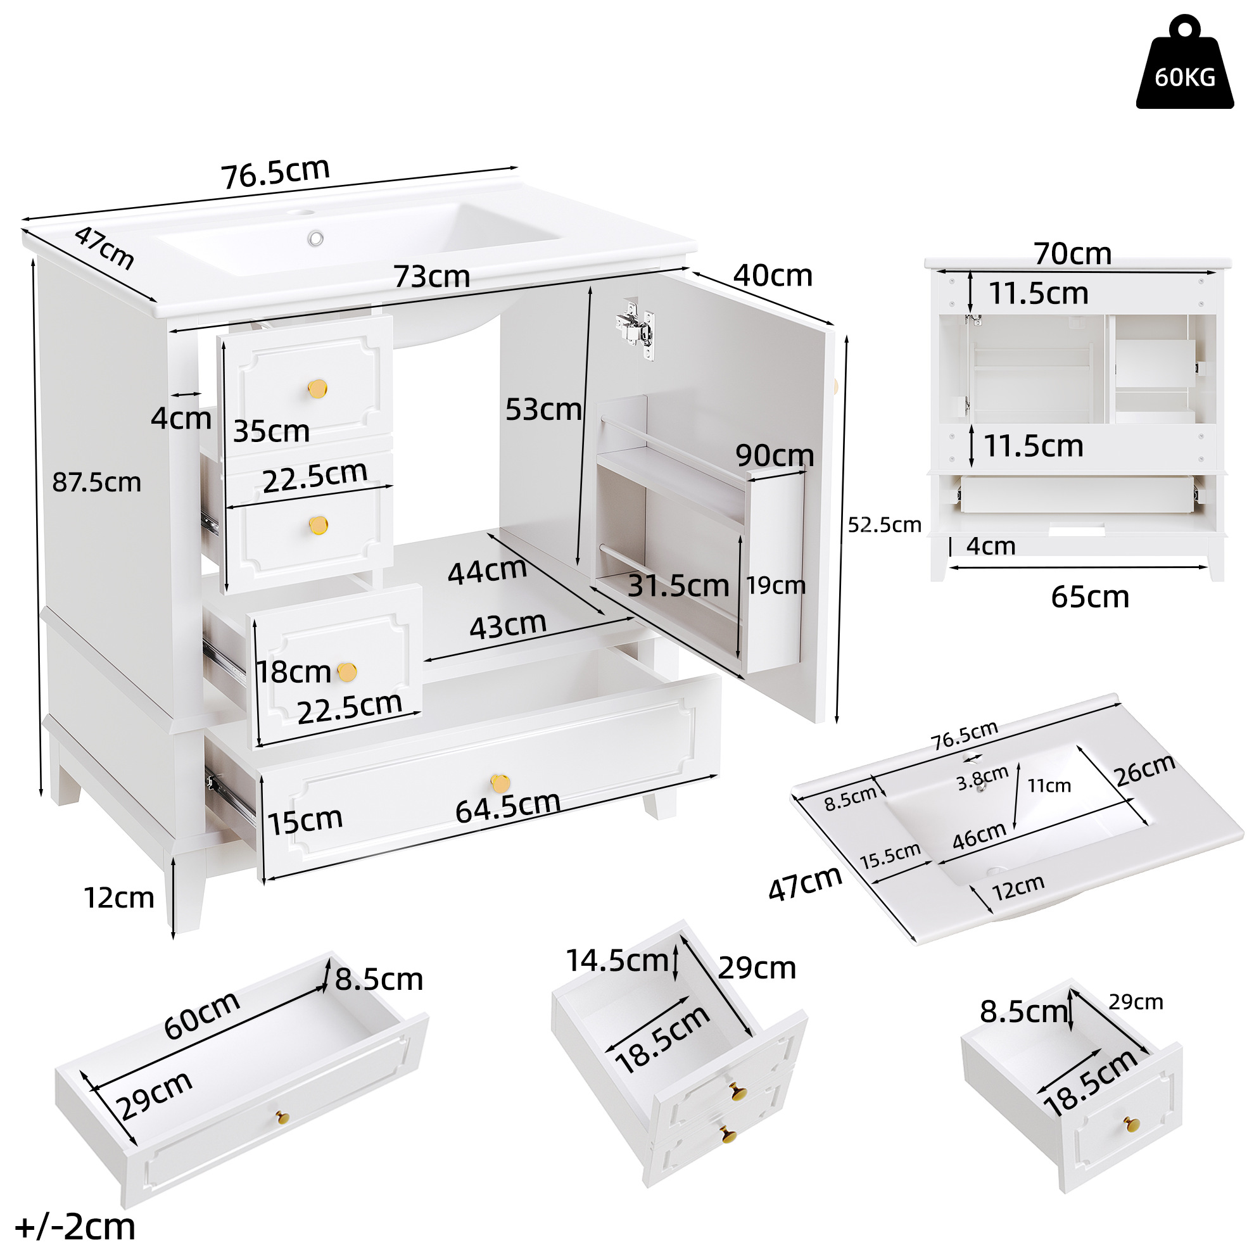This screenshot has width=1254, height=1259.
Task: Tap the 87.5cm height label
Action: point(96,482)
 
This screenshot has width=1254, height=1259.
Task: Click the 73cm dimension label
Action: point(431,276)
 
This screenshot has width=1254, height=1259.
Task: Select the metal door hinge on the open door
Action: point(635,329)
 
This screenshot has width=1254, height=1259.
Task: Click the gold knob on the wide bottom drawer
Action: point(500,783)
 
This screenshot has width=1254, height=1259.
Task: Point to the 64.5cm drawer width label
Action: point(508,807)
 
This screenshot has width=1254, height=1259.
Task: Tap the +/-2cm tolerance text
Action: point(75,1227)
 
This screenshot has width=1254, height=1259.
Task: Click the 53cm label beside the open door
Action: point(543,409)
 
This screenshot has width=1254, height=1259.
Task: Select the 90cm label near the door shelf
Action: point(775,455)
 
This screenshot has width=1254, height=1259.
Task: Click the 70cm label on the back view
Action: point(1072,253)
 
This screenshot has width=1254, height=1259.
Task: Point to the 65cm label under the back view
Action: point(1090,597)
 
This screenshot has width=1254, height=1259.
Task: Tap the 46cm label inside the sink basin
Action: point(980,835)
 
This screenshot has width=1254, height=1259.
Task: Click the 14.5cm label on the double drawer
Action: point(617,961)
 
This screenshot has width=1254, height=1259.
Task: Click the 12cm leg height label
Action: point(118,898)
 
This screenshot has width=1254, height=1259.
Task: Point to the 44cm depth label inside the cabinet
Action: point(487,571)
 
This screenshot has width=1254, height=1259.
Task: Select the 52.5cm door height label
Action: point(883,524)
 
